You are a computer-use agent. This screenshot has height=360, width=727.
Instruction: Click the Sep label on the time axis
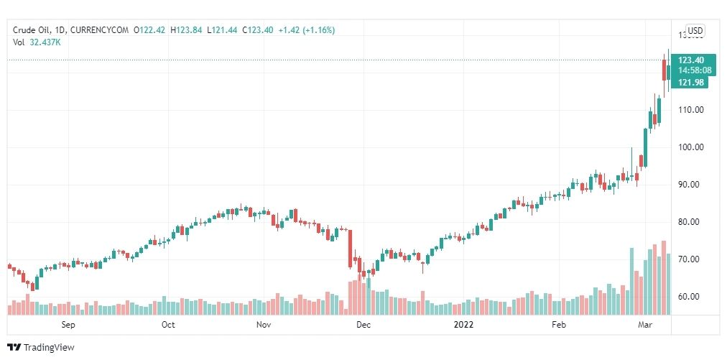(x=69, y=325)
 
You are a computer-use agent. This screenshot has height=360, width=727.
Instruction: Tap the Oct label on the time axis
(x=168, y=325)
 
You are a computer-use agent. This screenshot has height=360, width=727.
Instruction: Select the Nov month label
(x=264, y=325)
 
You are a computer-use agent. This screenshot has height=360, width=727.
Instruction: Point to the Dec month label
(x=363, y=325)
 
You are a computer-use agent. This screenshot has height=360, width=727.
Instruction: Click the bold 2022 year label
(x=464, y=325)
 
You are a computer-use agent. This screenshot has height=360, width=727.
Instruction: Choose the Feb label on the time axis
(x=559, y=325)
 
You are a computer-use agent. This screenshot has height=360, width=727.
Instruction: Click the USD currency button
(x=695, y=30)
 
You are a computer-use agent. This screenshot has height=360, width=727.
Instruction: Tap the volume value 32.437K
(x=45, y=42)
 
